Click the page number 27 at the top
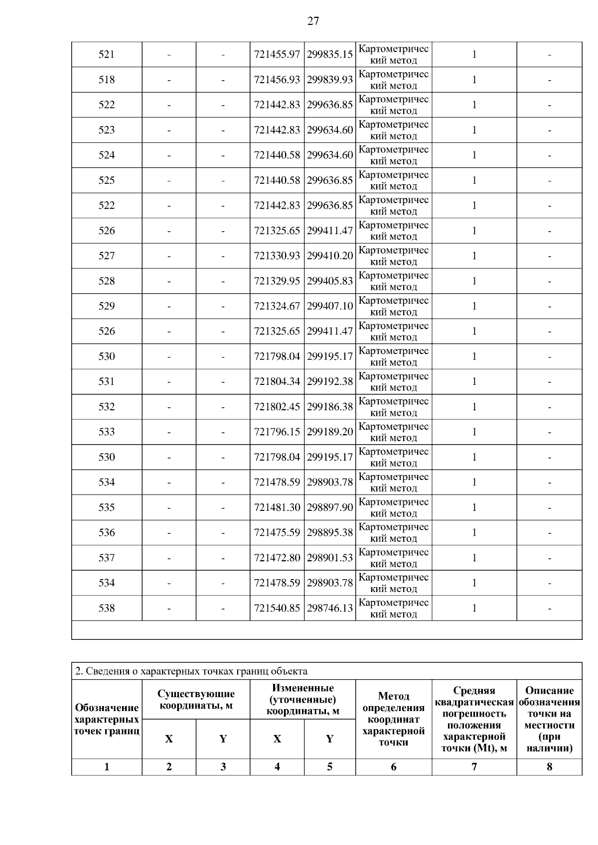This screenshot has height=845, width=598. (312, 21)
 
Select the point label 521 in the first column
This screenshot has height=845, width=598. (107, 54)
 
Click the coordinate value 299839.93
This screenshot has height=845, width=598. (329, 80)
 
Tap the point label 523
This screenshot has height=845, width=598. (107, 130)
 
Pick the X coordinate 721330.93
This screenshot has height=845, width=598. (277, 256)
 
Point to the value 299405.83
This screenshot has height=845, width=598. (329, 281)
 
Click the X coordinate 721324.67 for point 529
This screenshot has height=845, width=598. (277, 306)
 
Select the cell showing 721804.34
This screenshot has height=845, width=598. (277, 381)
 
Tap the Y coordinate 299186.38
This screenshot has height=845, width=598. (329, 407)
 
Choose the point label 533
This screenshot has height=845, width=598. (107, 432)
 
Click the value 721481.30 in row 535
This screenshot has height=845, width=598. (277, 507)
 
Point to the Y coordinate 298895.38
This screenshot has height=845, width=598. (329, 533)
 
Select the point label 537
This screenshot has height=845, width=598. (107, 558)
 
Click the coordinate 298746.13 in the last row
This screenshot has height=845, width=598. (329, 608)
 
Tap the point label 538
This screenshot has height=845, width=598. (107, 608)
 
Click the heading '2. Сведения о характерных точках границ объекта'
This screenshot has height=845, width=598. (191, 671)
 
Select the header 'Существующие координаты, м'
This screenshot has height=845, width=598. (196, 700)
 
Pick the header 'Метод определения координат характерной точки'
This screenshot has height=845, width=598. (393, 719)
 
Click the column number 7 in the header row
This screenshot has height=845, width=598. (474, 767)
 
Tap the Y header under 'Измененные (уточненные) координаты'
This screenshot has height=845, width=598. (329, 739)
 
